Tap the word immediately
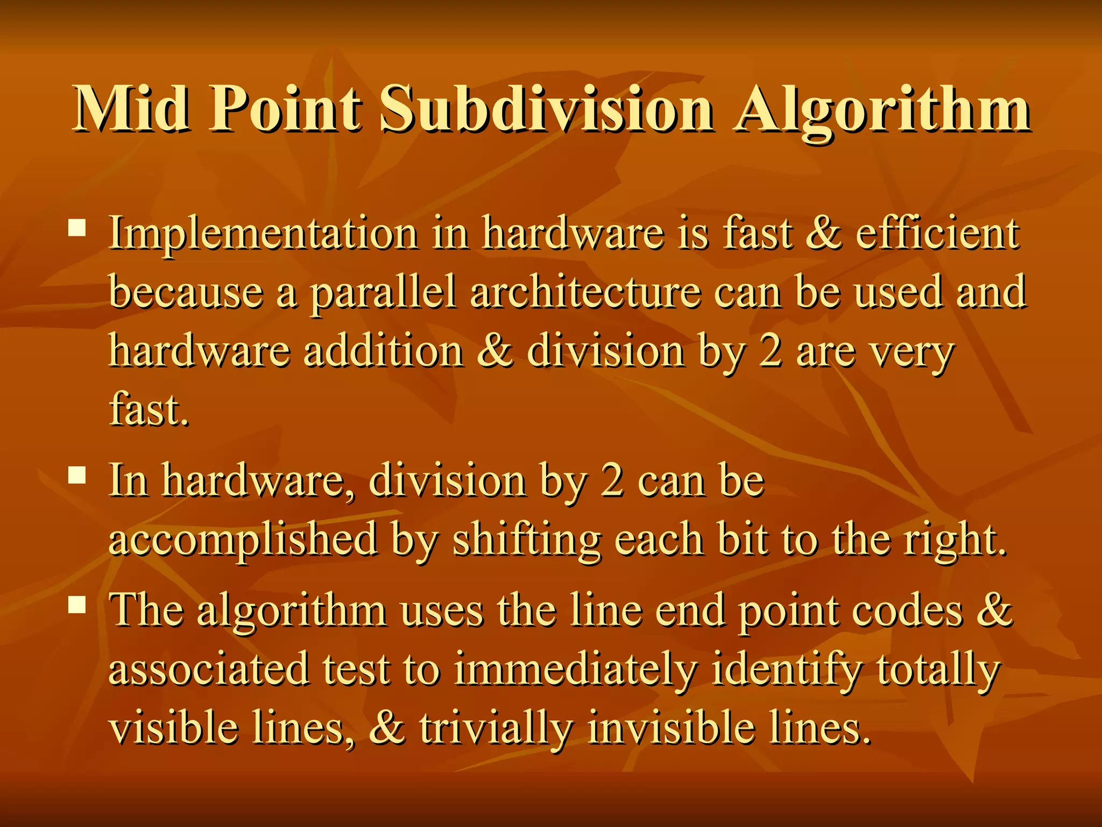click(x=575, y=670)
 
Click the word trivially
click(x=496, y=728)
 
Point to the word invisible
click(x=672, y=727)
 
